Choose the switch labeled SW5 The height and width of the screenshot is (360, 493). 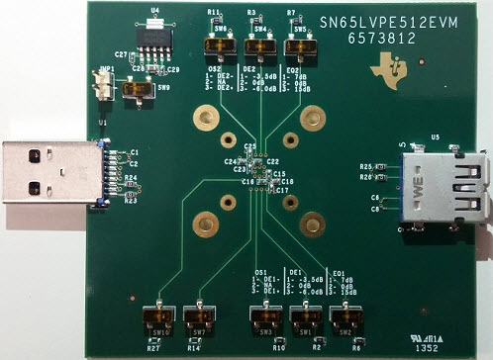point(300,45)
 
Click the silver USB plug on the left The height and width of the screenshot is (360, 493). point(49,175)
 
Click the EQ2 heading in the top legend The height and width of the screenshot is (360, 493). point(293,70)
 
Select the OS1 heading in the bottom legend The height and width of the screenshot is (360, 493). point(261,271)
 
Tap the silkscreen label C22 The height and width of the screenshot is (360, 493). point(273,160)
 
